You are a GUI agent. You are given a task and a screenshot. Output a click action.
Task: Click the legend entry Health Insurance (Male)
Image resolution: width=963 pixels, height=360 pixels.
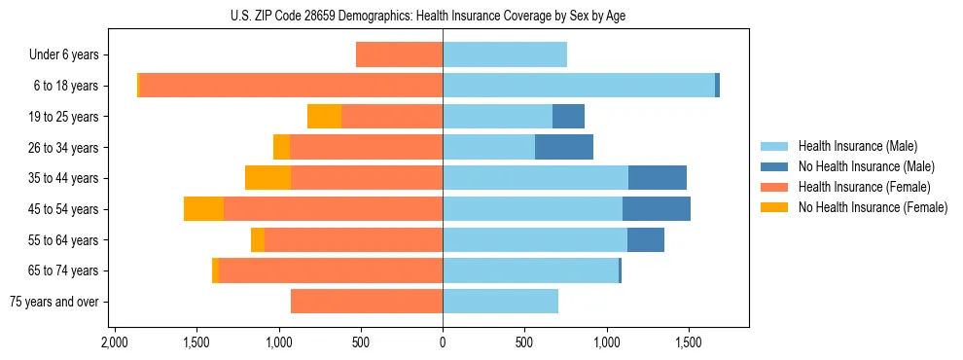point(857,146)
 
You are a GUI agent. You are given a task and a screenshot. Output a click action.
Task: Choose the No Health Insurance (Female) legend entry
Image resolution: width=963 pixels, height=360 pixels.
point(873,207)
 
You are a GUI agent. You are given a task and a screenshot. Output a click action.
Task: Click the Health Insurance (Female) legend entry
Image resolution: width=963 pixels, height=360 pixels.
point(864,187)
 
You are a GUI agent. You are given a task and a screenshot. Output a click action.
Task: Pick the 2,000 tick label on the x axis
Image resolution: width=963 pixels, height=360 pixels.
point(115,343)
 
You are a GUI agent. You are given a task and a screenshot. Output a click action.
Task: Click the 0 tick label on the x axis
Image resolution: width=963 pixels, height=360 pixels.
point(443,343)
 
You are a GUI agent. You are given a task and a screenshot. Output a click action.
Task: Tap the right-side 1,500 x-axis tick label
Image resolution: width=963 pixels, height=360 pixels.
point(689,343)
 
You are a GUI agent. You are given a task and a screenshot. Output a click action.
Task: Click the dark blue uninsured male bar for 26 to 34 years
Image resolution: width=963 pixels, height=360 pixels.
point(564,147)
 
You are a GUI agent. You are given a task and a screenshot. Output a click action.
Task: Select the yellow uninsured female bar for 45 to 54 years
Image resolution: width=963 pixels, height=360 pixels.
point(203,209)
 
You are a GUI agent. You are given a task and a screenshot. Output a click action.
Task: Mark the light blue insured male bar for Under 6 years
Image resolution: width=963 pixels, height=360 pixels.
point(505,55)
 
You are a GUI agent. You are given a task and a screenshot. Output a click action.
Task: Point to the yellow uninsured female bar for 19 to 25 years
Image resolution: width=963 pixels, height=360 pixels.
point(324,117)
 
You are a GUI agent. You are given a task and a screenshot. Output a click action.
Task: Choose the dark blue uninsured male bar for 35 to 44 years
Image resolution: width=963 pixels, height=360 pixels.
point(658,178)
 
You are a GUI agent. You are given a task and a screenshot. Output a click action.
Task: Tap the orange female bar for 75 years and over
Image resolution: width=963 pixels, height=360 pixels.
point(367,302)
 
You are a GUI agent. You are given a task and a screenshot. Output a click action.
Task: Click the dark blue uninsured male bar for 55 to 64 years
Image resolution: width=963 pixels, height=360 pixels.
point(646,240)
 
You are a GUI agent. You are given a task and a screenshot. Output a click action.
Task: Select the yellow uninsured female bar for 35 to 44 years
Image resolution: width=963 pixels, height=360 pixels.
point(267,178)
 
